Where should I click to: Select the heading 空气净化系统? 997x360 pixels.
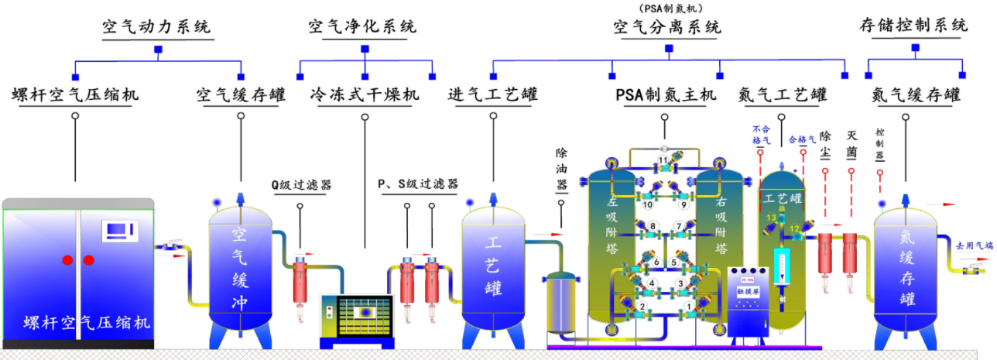pos(362,26)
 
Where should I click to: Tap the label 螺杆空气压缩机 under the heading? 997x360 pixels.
pos(75,95)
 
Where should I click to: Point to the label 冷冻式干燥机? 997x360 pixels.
pos(365,95)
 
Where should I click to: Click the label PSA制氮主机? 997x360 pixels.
pos(666,95)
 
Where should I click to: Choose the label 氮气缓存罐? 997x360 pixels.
pos(915,95)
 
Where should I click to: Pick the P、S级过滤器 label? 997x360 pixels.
pos(417,184)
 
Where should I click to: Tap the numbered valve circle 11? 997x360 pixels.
pos(663,160)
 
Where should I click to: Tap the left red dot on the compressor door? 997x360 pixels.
pos(68,259)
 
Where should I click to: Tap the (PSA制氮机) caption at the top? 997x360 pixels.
pos(666,8)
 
